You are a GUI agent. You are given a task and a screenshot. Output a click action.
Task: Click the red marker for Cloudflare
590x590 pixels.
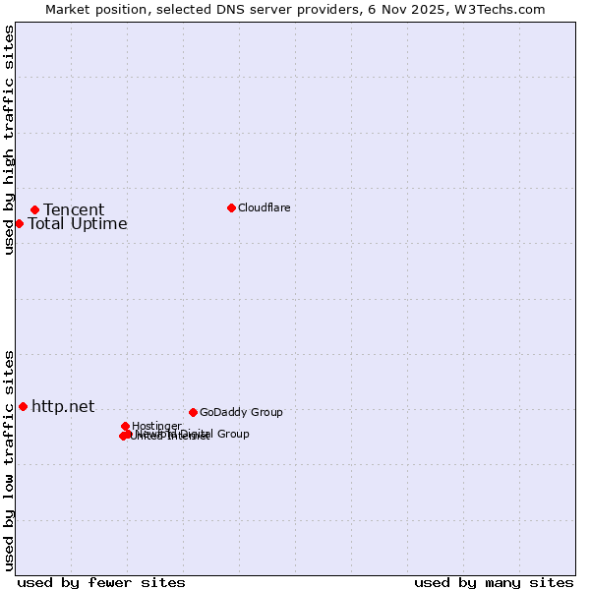[x=231, y=207]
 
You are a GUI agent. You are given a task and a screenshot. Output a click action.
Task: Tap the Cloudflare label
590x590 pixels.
[x=265, y=207]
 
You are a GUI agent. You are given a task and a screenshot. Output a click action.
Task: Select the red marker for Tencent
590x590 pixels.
[x=34, y=209]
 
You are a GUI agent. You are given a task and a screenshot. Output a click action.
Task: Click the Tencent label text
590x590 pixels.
[x=74, y=209]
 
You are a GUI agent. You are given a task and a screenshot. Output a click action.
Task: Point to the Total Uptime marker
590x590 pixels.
[x=19, y=223]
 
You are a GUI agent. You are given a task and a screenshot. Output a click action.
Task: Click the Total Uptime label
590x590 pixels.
[x=78, y=223]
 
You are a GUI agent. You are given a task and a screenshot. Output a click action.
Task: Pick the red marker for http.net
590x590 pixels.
[x=23, y=406]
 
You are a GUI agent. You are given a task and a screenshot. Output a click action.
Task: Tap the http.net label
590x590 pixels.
[x=63, y=406]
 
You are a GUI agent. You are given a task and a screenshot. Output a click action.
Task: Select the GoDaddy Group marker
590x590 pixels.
[x=193, y=412]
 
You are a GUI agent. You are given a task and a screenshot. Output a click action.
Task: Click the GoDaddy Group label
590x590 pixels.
[x=241, y=412]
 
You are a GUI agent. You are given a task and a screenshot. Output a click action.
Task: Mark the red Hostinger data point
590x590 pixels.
[x=125, y=426]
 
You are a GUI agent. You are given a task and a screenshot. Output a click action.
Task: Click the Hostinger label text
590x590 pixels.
[x=157, y=426]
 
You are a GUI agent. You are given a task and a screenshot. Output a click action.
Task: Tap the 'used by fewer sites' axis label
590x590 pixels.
[x=101, y=582]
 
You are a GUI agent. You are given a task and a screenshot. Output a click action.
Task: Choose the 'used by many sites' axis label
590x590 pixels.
[x=494, y=582]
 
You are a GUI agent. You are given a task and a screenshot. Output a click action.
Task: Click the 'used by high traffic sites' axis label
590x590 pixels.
[x=9, y=140]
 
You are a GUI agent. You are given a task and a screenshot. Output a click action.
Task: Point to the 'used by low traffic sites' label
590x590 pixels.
[x=9, y=460]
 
